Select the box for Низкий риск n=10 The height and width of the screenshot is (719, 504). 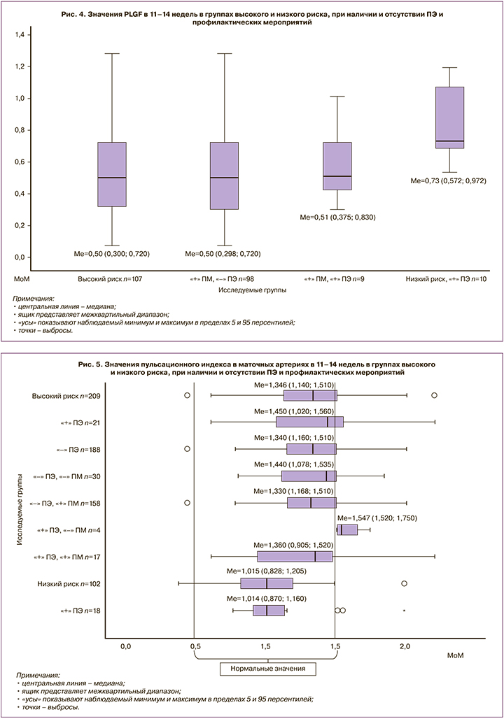(x=449, y=118)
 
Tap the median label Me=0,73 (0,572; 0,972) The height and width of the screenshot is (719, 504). (x=449, y=180)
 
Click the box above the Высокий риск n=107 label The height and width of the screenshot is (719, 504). (x=111, y=174)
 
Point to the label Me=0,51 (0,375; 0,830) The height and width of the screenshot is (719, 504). (x=337, y=217)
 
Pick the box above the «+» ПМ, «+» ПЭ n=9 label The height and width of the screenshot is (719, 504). (x=337, y=166)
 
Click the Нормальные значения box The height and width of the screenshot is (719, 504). (x=268, y=669)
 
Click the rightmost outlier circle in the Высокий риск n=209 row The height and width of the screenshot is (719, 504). (x=434, y=395)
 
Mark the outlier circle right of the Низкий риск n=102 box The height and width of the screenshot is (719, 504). (x=404, y=583)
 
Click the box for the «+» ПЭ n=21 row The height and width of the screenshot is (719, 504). (x=309, y=422)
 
